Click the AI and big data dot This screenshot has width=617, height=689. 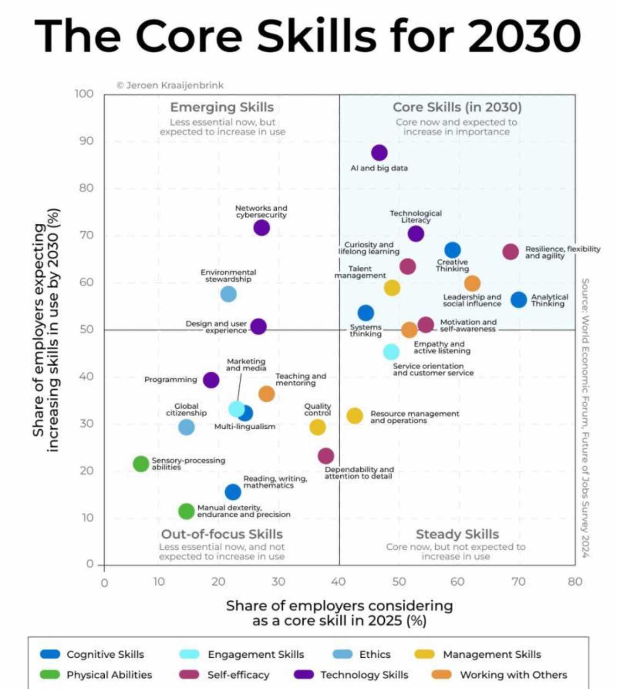point(379,153)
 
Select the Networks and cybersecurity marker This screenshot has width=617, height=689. point(261,228)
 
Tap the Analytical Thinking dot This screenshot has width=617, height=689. point(518,300)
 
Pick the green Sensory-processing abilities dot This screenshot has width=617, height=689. point(141,464)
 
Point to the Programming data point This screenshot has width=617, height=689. point(211,380)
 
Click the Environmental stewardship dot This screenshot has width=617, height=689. point(228,294)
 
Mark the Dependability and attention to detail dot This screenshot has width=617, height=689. point(326,456)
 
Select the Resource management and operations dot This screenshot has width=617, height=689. point(354,416)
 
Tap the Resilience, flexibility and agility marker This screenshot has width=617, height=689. point(510,252)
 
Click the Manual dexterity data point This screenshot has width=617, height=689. point(187,511)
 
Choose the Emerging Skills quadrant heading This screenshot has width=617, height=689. point(222,107)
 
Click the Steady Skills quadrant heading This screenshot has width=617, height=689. point(457,534)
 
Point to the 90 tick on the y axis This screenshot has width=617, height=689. point(86,141)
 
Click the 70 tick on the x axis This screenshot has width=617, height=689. point(518,582)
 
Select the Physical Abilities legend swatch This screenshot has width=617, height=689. point(50,675)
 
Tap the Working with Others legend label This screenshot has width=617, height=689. point(513,675)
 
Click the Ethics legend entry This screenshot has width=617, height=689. point(374,654)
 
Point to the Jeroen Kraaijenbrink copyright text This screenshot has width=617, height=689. point(170,85)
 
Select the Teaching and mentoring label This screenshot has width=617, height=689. point(301,379)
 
